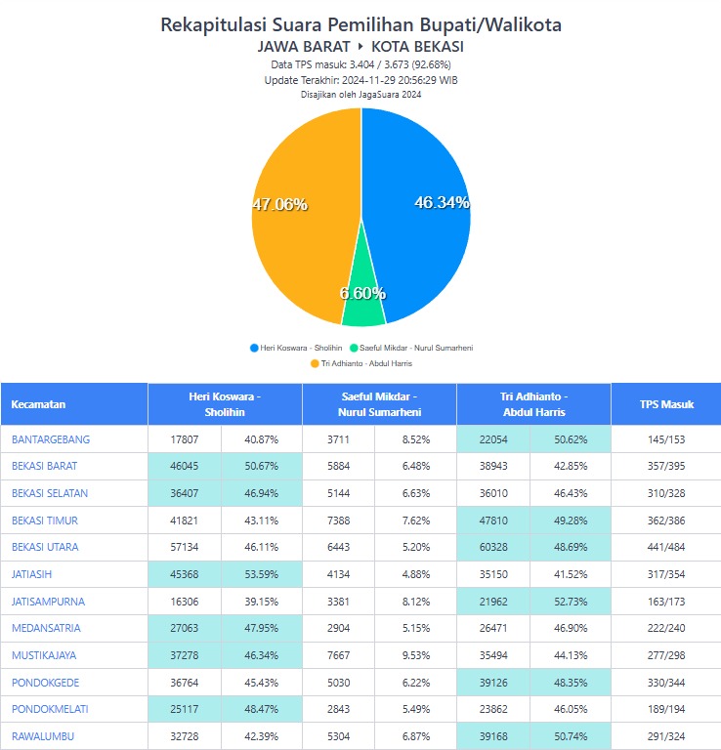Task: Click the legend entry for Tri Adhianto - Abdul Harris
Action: (x=361, y=363)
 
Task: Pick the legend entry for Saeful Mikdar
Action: (x=416, y=348)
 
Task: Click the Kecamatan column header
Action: (x=39, y=404)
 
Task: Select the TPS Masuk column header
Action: (x=664, y=404)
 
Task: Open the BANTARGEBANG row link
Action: (x=51, y=439)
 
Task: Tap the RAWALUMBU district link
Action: (x=43, y=736)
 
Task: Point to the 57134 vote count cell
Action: (x=184, y=547)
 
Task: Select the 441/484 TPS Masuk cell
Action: (x=665, y=547)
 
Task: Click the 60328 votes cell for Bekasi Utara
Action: (x=492, y=547)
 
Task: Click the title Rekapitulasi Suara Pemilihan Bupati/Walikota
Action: (x=360, y=24)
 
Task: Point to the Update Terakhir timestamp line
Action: (x=360, y=80)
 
